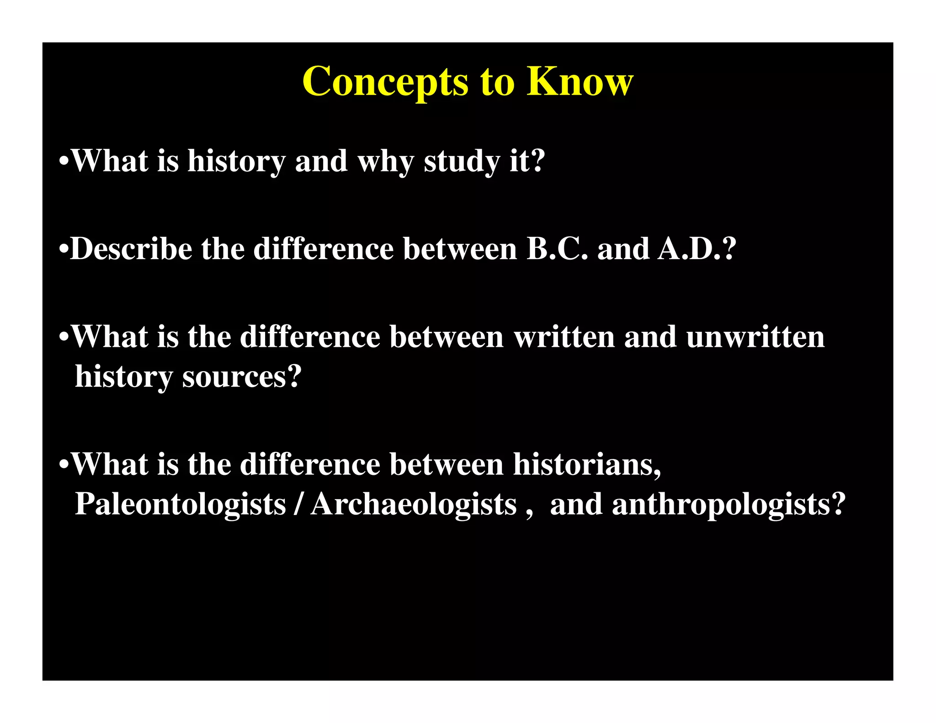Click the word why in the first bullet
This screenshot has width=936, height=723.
385,162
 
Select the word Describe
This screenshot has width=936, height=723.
131,249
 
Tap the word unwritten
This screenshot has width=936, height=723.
755,337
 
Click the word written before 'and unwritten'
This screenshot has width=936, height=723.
564,337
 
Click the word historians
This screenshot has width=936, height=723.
587,465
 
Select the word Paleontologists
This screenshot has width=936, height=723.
180,505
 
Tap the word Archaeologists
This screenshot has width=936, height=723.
414,505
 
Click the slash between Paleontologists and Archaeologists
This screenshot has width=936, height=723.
298,505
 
